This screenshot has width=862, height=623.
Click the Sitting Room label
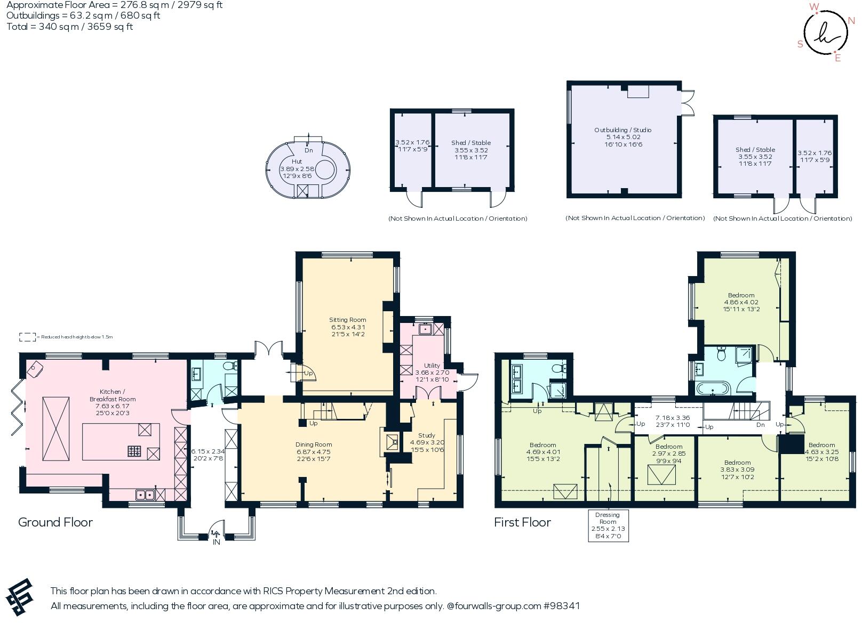pos(347,320)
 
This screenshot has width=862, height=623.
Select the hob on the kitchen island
pos(134,451)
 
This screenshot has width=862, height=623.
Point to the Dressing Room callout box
pos(608,525)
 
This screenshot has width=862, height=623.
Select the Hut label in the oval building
pos(297,161)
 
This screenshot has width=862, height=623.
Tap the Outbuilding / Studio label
pos(623,130)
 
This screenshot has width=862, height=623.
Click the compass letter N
pos(851,21)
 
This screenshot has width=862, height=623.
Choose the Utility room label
pos(432,366)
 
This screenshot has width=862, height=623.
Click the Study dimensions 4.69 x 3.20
pos(427,442)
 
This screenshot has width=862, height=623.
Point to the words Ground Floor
pos(55,522)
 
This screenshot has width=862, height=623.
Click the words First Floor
pos(522,522)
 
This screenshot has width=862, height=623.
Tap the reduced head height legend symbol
pos(27,337)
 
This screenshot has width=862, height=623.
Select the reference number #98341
pos(562,606)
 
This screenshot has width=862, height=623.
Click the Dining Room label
pos(314,444)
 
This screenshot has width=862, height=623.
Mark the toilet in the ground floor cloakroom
pos(230,366)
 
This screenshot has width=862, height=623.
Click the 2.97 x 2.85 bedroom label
pos(668,454)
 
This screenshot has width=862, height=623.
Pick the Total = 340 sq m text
pos(69,27)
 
